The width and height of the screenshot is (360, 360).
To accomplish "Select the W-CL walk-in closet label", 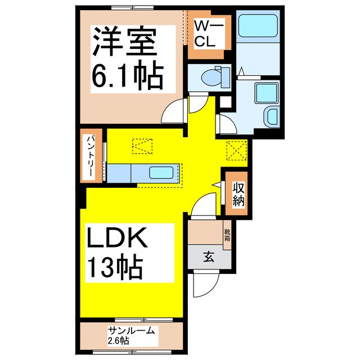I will [x=209, y=34].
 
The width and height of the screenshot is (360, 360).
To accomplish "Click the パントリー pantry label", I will [x=90, y=157].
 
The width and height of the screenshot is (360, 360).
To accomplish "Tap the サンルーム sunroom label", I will [x=130, y=331].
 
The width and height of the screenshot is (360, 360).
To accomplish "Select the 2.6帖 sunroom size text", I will [x=118, y=341].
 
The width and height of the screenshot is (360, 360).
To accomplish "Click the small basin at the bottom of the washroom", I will [x=272, y=116].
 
